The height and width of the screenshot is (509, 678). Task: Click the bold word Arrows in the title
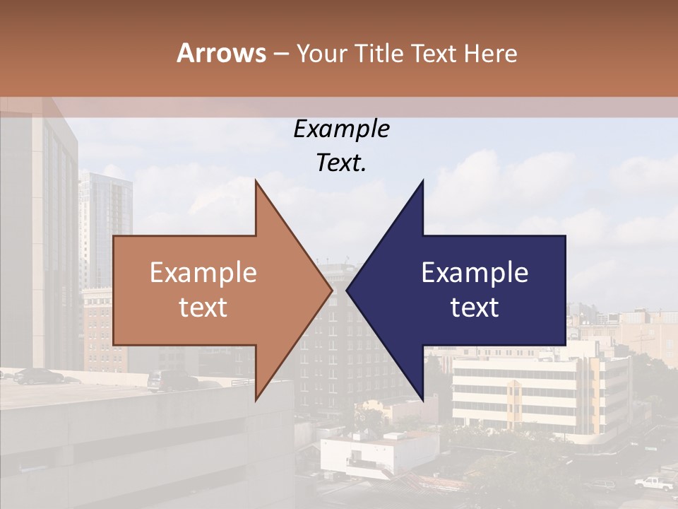pyautogui.click(x=222, y=53)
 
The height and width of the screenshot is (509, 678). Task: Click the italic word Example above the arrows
pyautogui.click(x=341, y=129)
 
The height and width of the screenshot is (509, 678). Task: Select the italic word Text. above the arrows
pyautogui.click(x=341, y=163)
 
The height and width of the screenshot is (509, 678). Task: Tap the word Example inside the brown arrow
pyautogui.click(x=203, y=272)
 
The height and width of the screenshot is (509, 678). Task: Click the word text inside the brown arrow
pyautogui.click(x=203, y=307)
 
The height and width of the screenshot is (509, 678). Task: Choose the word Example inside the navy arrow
pyautogui.click(x=475, y=272)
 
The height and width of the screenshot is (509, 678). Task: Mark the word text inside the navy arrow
pyautogui.click(x=475, y=307)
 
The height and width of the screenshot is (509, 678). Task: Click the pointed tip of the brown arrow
pyautogui.click(x=331, y=289)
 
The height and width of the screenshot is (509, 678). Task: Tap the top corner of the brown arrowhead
pyautogui.click(x=256, y=180)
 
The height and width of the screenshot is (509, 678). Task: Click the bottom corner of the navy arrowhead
pyautogui.click(x=422, y=400)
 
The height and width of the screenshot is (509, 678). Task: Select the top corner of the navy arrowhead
pyautogui.click(x=422, y=180)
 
